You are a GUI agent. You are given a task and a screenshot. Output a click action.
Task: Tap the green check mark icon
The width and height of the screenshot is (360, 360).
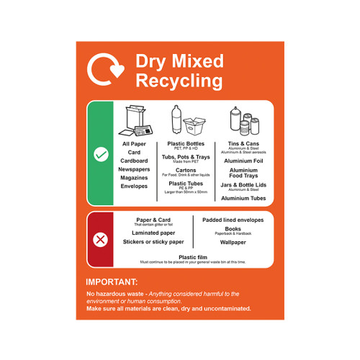(x=101, y=154)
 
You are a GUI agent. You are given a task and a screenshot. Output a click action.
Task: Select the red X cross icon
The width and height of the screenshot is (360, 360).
(x=101, y=240)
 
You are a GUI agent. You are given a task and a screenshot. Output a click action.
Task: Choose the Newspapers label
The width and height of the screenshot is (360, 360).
(x=134, y=169)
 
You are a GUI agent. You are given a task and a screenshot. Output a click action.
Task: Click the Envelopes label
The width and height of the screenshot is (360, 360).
(x=134, y=186)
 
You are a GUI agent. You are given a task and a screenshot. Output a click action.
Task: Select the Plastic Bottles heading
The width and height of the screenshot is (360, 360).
(x=186, y=143)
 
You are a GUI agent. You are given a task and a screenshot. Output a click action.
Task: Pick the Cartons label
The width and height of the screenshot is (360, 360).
(x=186, y=170)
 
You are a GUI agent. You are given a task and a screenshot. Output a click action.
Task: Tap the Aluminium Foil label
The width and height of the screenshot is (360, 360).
(x=243, y=161)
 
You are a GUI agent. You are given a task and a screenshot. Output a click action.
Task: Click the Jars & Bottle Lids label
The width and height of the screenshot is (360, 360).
(x=243, y=185)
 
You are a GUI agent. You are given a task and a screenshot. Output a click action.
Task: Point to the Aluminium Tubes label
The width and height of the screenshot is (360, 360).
(x=243, y=198)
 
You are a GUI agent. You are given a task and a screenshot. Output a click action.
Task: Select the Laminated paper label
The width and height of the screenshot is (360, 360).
(x=153, y=233)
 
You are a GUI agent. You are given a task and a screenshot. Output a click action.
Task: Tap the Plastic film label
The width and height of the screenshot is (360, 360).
(x=193, y=257)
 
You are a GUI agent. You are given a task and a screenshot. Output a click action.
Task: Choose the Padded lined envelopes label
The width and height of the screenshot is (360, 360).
(x=233, y=220)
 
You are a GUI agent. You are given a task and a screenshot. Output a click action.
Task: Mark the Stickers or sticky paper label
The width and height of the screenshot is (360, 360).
(x=153, y=242)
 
